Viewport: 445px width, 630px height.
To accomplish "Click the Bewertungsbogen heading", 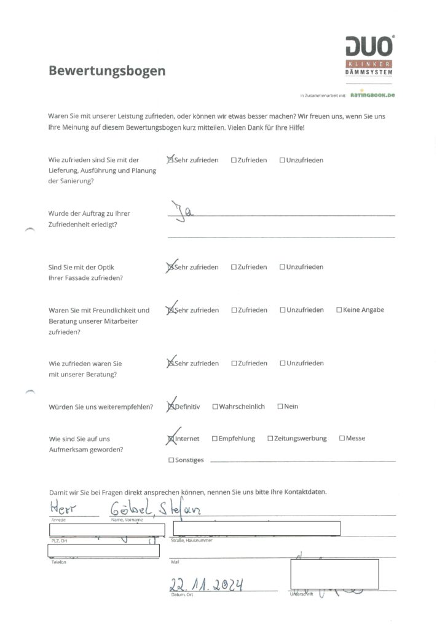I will point(107,71).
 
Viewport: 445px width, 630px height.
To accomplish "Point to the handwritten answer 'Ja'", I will point(182,212).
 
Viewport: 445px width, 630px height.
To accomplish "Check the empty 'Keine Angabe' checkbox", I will point(339,310).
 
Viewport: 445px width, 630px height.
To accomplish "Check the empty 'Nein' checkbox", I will point(280,407).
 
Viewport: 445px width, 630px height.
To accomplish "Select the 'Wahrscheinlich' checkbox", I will point(215,407).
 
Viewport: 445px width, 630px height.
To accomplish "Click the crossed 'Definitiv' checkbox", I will point(171,407).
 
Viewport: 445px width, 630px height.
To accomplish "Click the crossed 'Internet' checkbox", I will point(171,439).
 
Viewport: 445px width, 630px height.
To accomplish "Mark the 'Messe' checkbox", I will point(342,439).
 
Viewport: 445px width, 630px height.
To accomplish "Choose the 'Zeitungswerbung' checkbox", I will point(270,439).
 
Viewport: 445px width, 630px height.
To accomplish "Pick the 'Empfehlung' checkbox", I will point(215,439).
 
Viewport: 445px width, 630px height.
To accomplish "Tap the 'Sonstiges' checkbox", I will point(171,460).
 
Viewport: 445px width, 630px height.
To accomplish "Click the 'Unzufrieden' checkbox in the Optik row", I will point(283,267).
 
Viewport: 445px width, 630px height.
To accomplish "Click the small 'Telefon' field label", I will point(58,562).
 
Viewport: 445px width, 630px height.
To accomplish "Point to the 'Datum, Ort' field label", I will point(183,595).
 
